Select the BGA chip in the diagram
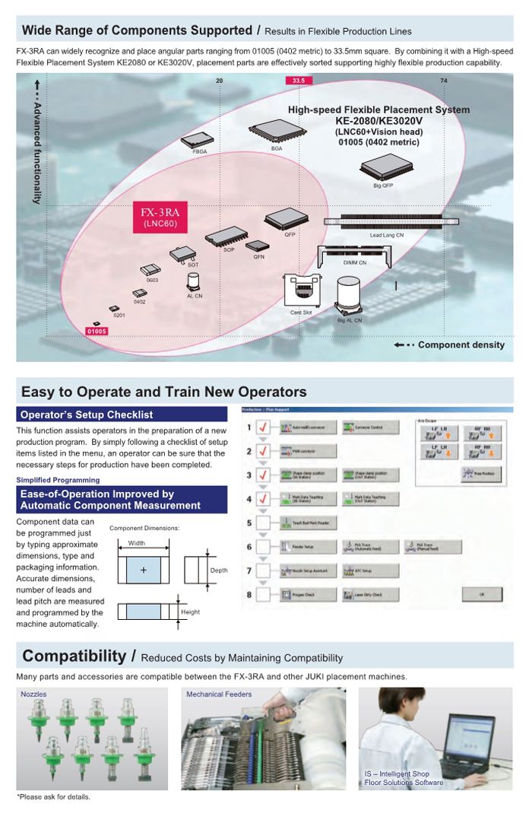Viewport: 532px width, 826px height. coord(277,133)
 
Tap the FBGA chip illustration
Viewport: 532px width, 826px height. coord(196,140)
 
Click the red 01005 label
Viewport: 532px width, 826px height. coord(97,331)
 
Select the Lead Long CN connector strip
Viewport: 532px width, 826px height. coord(391,222)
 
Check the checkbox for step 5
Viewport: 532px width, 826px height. coord(263,523)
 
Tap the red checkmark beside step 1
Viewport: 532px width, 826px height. coord(263,428)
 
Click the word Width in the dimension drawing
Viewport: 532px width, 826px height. coord(137,543)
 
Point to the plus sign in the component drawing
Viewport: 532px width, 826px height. coord(143,570)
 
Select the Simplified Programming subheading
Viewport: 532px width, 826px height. coord(58,480)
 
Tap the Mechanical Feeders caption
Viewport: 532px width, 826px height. coord(219,694)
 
